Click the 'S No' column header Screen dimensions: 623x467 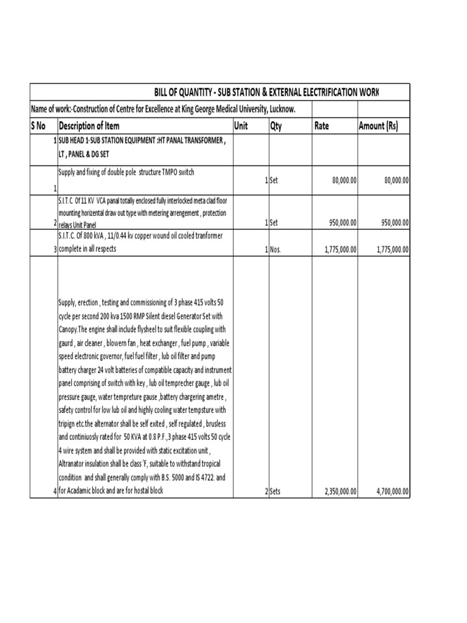pos(38,126)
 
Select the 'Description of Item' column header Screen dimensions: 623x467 pos(89,126)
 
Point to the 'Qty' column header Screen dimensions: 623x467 pos(276,126)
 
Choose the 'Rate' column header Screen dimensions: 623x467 pos(322,126)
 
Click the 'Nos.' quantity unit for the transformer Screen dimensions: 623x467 pos(275,249)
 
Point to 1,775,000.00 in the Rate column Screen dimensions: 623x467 pos(336,249)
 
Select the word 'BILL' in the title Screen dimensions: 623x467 pos(164,92)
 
